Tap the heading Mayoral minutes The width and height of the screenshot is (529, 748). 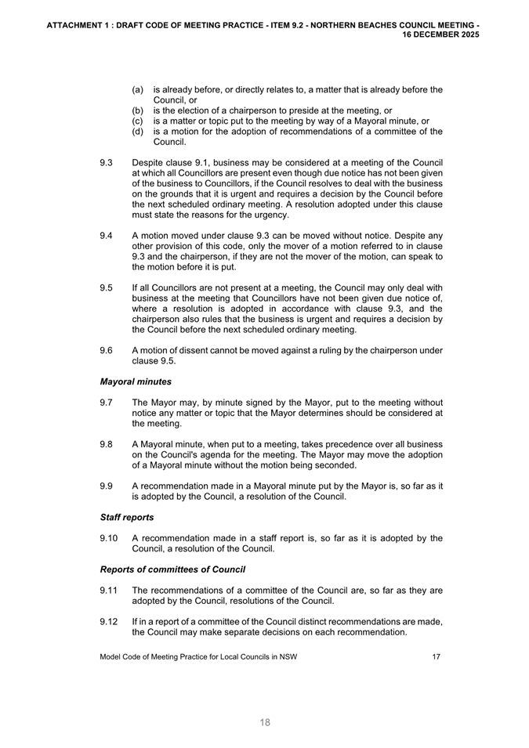coord(136,381)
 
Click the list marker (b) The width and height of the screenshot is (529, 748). coord(137,111)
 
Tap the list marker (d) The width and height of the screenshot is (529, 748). coord(137,132)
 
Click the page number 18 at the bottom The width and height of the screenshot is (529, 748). coord(265,722)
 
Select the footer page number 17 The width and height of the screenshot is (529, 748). coord(436,656)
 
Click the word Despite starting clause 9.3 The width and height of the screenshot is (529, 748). coord(149,164)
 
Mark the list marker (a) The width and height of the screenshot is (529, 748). coord(137,90)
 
